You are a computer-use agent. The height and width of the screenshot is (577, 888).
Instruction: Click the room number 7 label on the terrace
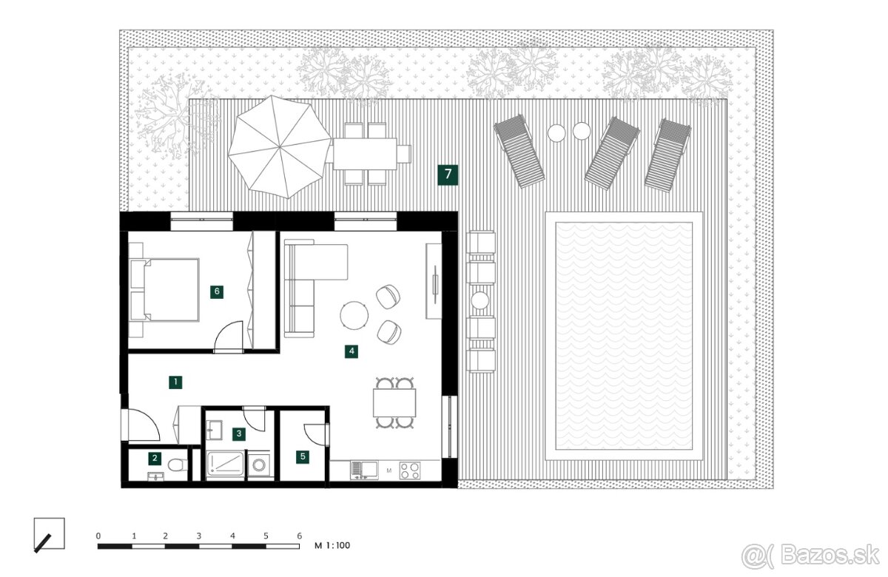click(448, 175)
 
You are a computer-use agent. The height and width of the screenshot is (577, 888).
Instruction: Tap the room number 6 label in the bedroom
click(217, 292)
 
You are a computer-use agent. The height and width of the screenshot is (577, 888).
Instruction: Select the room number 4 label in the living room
click(351, 351)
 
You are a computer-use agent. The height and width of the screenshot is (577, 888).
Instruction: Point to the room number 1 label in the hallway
click(175, 382)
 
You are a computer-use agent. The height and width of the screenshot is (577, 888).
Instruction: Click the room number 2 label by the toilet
click(155, 459)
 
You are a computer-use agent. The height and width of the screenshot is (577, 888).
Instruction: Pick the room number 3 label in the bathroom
click(238, 434)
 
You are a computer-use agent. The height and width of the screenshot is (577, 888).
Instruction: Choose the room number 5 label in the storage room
click(303, 457)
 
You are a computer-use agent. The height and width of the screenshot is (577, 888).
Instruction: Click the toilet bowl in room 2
click(178, 465)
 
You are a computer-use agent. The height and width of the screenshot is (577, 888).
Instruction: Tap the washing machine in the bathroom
click(260, 465)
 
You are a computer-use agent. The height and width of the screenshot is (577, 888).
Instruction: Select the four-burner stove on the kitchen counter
click(409, 471)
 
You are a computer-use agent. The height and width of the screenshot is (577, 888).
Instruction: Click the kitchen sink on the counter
click(364, 470)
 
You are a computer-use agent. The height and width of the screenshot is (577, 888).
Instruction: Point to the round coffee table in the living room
click(354, 315)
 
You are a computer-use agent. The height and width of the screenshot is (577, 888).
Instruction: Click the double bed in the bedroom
click(164, 290)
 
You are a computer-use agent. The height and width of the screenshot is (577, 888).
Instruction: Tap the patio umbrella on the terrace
click(280, 147)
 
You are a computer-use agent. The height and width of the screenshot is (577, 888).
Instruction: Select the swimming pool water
click(624, 336)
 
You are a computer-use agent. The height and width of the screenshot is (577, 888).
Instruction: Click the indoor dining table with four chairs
click(394, 402)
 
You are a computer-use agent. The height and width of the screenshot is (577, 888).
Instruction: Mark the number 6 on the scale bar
click(299, 536)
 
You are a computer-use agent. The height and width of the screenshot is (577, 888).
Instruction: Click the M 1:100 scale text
click(332, 546)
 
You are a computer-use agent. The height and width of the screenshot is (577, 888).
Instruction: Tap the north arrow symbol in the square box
click(42, 543)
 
